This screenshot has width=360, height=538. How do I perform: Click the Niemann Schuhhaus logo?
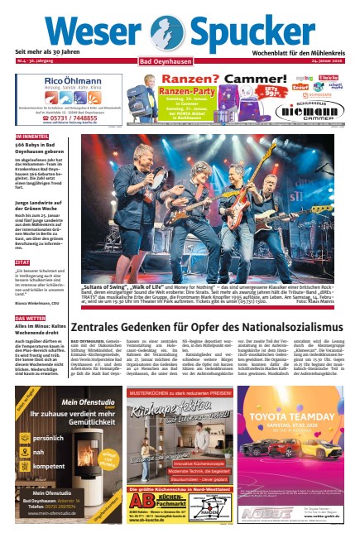[x=313, y=109]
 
